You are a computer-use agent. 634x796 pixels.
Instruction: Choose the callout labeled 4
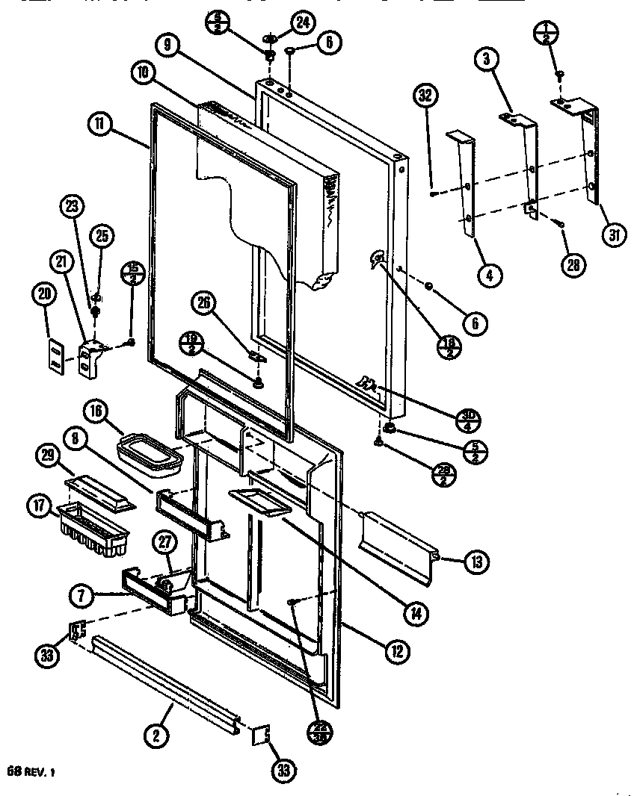(490, 275)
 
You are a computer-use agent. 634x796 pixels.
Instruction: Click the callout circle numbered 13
(475, 562)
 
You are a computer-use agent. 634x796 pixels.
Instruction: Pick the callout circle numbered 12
(397, 650)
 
